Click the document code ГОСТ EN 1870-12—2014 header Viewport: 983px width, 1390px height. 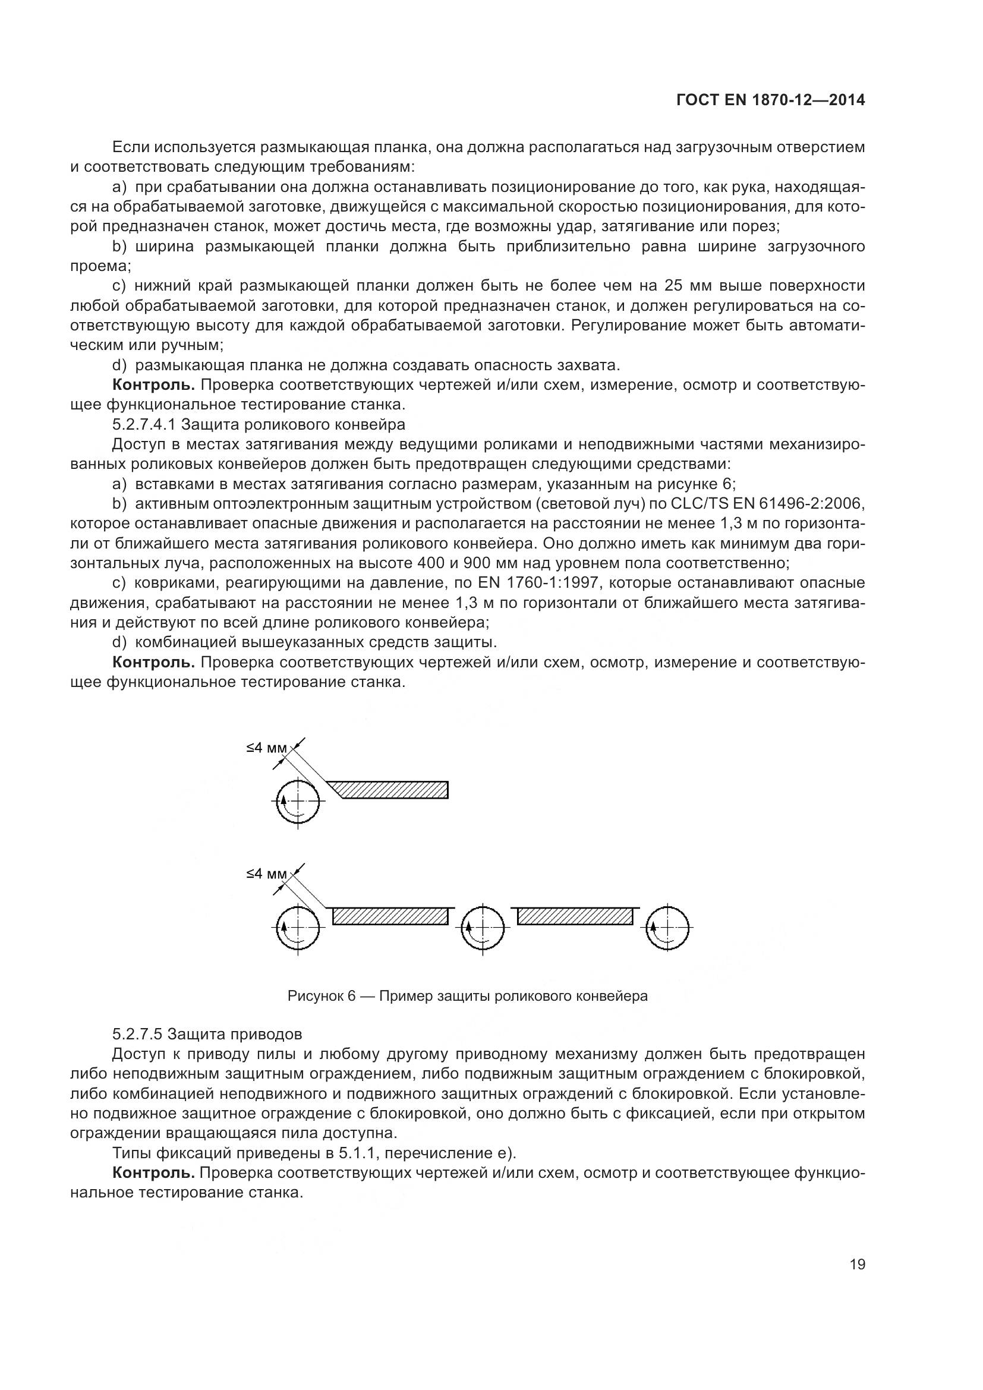(770, 100)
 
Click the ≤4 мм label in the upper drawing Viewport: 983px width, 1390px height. (266, 748)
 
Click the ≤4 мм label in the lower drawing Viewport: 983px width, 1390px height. (266, 874)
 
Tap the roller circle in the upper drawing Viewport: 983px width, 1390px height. (297, 800)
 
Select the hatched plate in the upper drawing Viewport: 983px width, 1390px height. (393, 789)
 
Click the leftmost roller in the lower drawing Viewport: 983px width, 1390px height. (297, 927)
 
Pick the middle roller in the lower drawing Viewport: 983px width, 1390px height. (483, 927)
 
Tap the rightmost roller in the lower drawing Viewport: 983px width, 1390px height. (667, 927)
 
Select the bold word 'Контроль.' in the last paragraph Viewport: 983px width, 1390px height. (154, 1172)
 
